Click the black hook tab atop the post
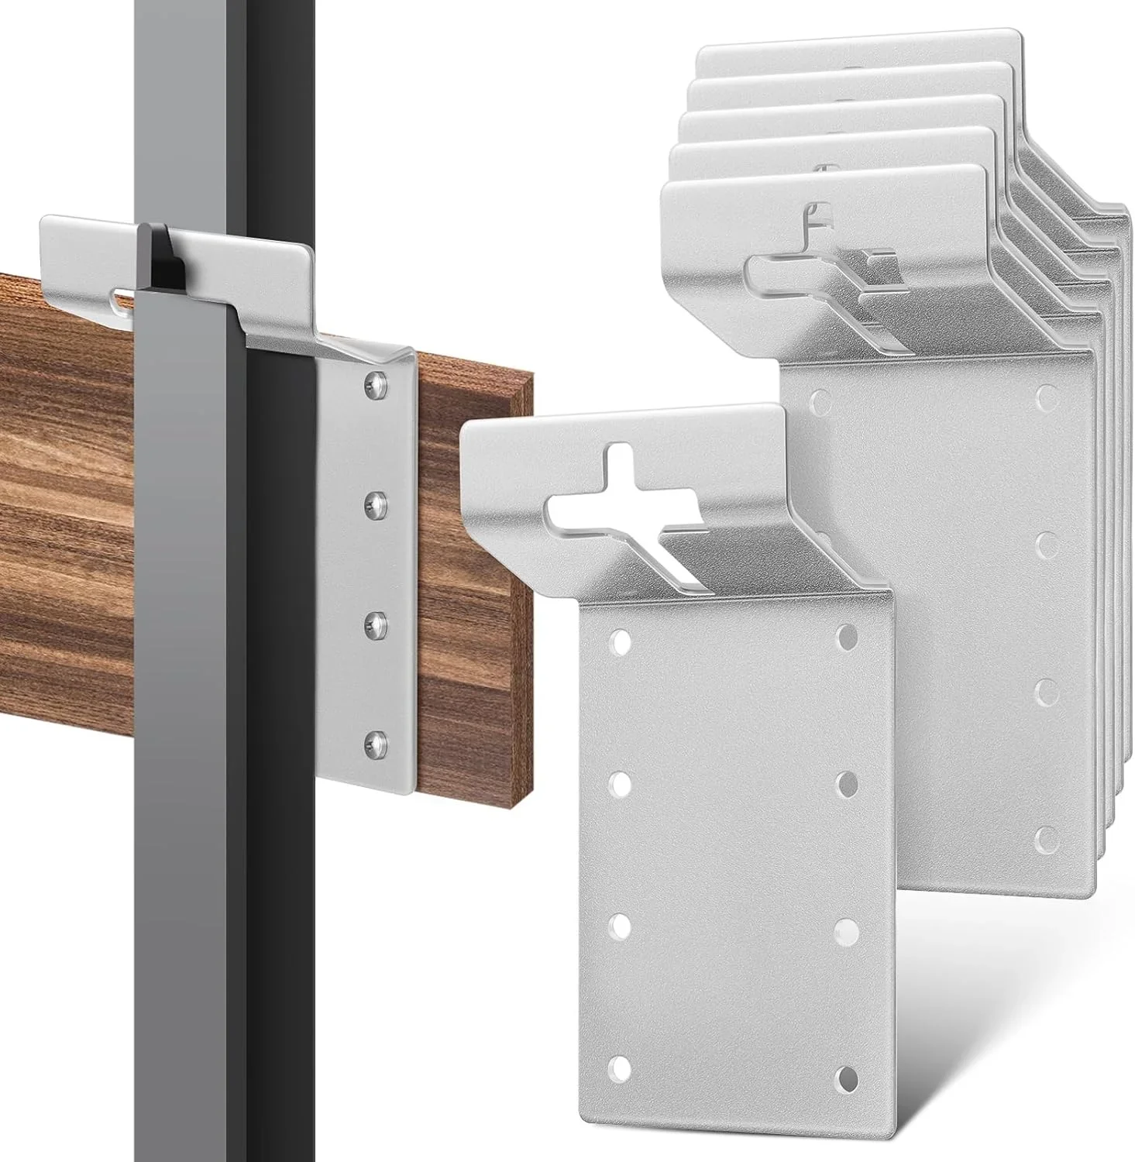(x=158, y=256)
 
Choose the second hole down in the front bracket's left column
(x=621, y=784)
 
